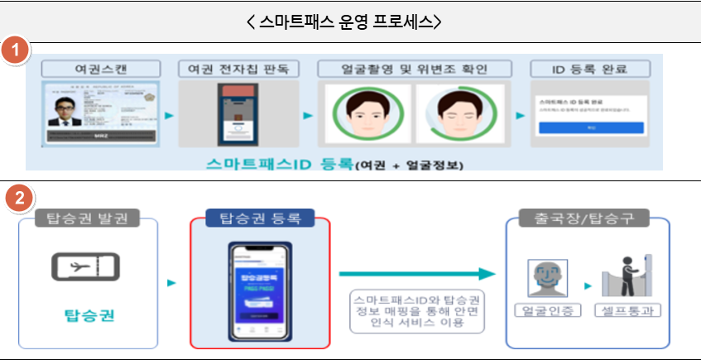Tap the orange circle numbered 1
tap(16, 50)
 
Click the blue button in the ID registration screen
tap(591, 127)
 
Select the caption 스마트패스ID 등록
tap(281, 163)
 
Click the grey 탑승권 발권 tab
tap(87, 218)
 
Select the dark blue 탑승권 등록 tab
tap(260, 218)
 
